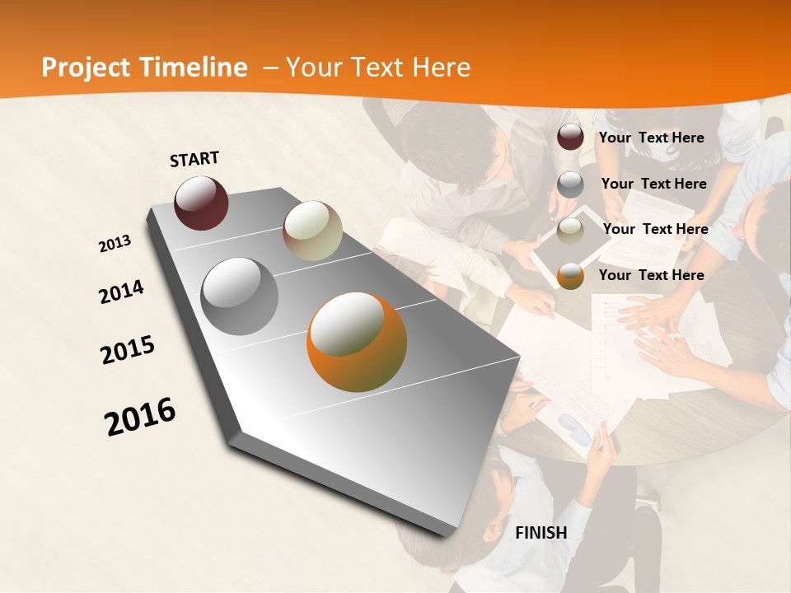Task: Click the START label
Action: [x=194, y=159]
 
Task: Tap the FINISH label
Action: [x=541, y=533]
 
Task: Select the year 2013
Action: [x=115, y=243]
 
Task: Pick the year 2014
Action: [x=121, y=292]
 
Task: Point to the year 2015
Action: [x=128, y=349]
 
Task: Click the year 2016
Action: [x=140, y=416]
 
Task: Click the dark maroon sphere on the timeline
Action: [x=201, y=203]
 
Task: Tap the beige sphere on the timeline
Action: [x=312, y=231]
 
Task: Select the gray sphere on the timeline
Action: [x=240, y=296]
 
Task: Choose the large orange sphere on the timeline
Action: [x=357, y=342]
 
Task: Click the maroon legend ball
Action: [x=570, y=138]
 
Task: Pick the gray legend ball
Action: [x=570, y=184]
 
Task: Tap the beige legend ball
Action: [x=570, y=231]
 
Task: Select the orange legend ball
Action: [x=570, y=276]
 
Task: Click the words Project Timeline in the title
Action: [x=144, y=68]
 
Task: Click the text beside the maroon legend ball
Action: [x=651, y=138]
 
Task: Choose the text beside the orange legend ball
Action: [x=651, y=275]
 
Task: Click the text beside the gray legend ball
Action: [x=653, y=184]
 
